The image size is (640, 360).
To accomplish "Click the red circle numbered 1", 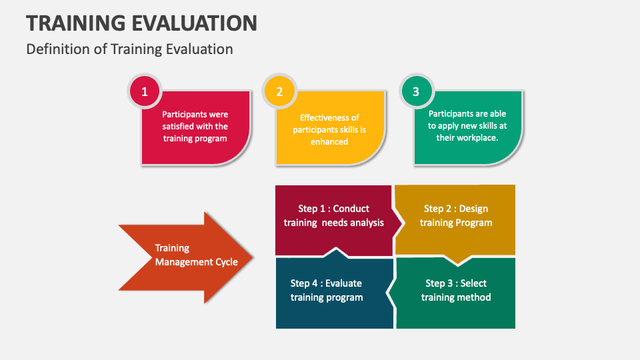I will pos(145,92).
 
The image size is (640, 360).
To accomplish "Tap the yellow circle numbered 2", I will pos(279,92).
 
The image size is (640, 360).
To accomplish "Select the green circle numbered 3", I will pos(416,92).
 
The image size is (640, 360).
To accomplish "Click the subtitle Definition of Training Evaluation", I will pos(129,49).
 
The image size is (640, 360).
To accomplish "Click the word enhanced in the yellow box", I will pos(329,141).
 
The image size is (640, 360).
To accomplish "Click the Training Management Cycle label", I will pos(196,255).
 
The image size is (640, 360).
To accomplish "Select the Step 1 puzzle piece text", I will pos(333,215).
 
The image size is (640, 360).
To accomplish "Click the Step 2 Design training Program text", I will pos(456,215).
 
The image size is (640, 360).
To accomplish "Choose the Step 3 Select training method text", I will pos(456,290).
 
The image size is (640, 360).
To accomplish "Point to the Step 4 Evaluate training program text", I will pos(327,290).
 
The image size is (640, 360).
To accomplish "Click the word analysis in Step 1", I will pos(365,223).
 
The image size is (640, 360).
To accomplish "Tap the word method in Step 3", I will pos(474,297).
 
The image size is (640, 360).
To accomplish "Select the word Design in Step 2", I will pos(474,209).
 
